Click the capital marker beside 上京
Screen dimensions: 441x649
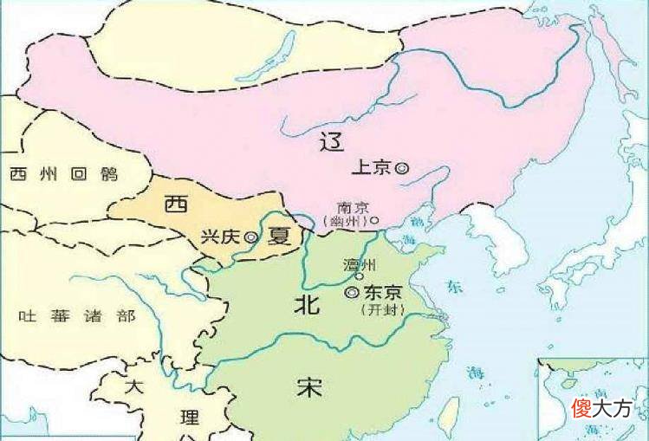click(x=401, y=169)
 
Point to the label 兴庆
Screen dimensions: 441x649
click(x=220, y=236)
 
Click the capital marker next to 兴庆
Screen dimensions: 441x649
click(x=250, y=237)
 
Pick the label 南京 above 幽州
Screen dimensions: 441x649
click(x=354, y=207)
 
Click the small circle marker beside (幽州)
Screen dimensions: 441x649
click(x=375, y=221)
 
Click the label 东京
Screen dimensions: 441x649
click(x=380, y=293)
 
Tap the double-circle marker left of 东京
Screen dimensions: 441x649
click(x=351, y=293)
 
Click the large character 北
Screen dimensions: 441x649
click(x=307, y=304)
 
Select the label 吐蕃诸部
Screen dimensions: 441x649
click(x=77, y=316)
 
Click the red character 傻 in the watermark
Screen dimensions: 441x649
click(x=581, y=407)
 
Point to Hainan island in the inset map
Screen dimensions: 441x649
click(x=568, y=382)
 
